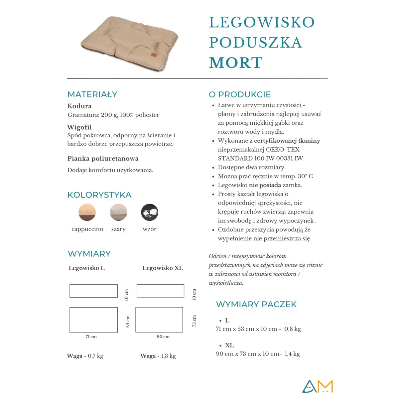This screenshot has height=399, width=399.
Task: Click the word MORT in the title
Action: tap(236, 63)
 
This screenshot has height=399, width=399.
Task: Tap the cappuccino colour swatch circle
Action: tap(87, 212)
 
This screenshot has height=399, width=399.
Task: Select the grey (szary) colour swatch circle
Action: tap(118, 212)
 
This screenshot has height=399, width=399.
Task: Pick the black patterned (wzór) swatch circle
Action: tap(150, 212)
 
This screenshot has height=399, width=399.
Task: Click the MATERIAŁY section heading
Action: tap(92, 94)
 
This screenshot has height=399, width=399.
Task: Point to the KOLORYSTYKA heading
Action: tap(99, 195)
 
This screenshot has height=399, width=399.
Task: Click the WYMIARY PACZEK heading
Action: tap(256, 304)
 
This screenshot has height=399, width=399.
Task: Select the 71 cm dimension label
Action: tap(91, 337)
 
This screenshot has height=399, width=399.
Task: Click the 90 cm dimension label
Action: tap(163, 337)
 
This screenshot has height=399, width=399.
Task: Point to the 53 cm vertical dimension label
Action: tap(128, 321)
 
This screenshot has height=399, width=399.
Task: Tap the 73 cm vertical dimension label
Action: tap(194, 321)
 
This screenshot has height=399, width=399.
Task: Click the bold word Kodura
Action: tap(79, 106)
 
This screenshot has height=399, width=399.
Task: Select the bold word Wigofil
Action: tap(79, 127)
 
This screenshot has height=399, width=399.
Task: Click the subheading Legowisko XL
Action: tap(163, 268)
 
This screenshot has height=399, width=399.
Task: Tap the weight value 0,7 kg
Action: tap(95, 356)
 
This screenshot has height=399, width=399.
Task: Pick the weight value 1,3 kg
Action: tap(168, 356)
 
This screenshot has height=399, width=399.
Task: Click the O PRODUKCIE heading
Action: tap(240, 94)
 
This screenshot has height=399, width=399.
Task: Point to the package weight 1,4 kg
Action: tap(292, 354)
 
